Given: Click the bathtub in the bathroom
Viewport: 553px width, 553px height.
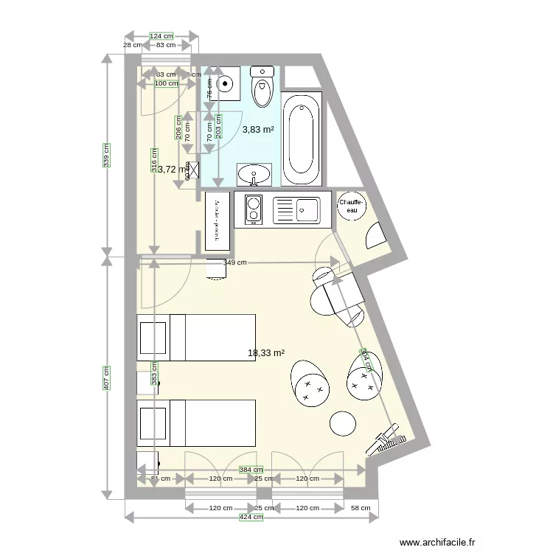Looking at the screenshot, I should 302,139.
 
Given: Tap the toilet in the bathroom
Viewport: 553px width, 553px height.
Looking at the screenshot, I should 262,86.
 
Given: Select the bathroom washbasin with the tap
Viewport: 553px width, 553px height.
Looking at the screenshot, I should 254,175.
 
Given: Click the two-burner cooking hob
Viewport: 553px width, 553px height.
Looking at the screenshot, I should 253,210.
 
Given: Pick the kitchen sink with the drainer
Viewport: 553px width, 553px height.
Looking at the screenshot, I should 296,210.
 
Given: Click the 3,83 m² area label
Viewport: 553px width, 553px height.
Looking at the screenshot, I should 258,130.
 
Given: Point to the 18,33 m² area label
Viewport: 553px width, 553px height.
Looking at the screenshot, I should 266,353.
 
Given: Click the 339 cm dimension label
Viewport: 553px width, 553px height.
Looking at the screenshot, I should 107,155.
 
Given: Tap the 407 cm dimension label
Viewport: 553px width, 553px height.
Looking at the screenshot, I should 107,379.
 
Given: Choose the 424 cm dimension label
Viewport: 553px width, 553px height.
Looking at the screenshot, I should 250,518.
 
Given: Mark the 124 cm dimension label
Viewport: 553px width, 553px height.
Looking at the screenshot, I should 161,35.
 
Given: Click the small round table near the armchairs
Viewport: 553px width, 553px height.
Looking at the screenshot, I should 342,422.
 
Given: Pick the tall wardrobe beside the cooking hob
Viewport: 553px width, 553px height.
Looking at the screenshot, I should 217,220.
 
